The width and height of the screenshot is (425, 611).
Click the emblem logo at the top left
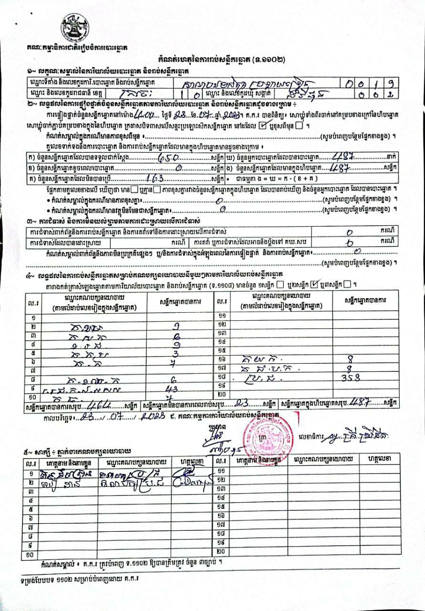click(x=75, y=28)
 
